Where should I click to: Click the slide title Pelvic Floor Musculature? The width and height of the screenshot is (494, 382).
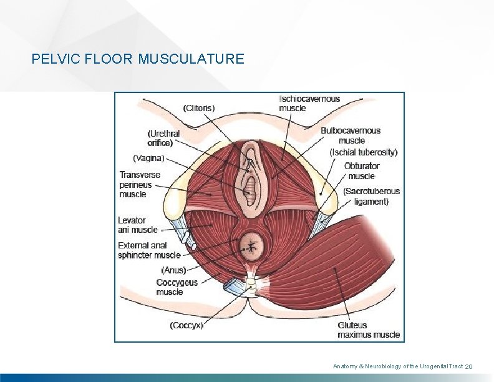tap(138, 59)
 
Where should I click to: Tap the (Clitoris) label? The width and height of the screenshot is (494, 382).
tap(199, 107)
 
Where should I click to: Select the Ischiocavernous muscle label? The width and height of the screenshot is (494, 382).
tap(310, 103)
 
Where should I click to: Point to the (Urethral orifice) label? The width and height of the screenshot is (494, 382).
tap(163, 138)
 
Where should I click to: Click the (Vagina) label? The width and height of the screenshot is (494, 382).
tap(148, 159)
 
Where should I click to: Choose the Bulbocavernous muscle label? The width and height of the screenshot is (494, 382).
tap(351, 135)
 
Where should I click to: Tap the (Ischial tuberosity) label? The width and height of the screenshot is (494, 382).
tap(364, 152)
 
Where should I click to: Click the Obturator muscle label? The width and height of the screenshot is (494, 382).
tap(362, 171)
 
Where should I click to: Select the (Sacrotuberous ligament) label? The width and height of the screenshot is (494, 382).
tap(371, 196)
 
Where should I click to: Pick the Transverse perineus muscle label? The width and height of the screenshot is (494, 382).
tap(140, 184)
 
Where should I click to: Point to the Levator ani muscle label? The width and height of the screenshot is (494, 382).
tap(138, 225)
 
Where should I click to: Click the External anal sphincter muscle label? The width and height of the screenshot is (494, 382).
tap(149, 250)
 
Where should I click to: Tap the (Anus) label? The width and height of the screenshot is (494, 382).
tap(173, 270)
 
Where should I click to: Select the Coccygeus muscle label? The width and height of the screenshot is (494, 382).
tap(177, 287)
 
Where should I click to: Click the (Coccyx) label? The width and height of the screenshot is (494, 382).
tap(186, 325)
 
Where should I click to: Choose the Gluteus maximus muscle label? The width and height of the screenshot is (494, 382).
tap(369, 330)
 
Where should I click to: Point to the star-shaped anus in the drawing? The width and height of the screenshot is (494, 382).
tap(252, 246)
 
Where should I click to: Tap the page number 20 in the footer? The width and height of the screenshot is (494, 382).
tap(470, 366)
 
